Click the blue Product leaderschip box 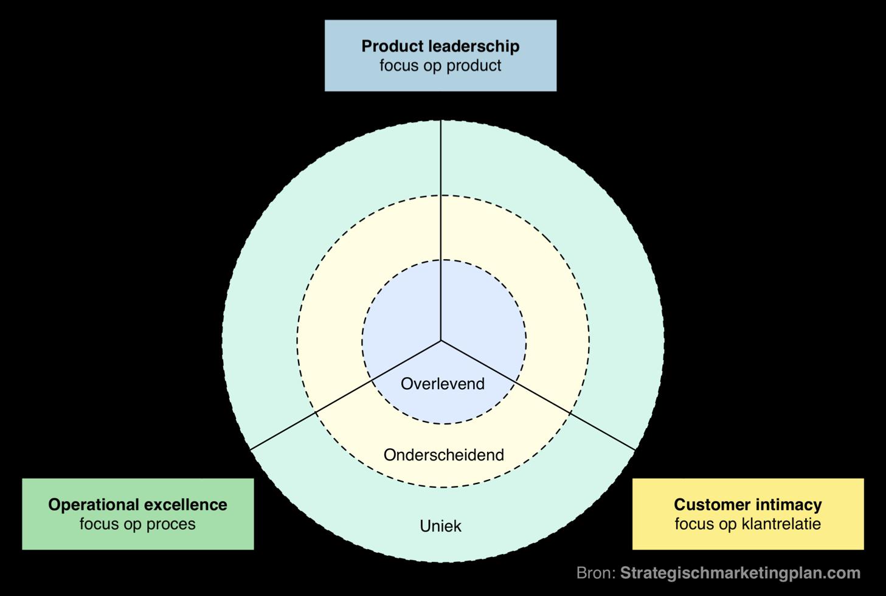tap(440, 55)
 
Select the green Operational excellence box tap(137, 514)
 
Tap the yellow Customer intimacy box tap(748, 514)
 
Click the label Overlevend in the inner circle tap(443, 384)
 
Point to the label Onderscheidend tap(444, 455)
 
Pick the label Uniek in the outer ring tap(440, 526)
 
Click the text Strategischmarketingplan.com tap(740, 573)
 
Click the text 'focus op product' tap(440, 66)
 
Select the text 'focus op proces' tap(137, 524)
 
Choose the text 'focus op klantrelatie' tap(748, 524)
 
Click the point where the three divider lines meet tap(441, 341)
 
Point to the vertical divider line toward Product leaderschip tap(441, 231)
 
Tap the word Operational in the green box tap(93, 505)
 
